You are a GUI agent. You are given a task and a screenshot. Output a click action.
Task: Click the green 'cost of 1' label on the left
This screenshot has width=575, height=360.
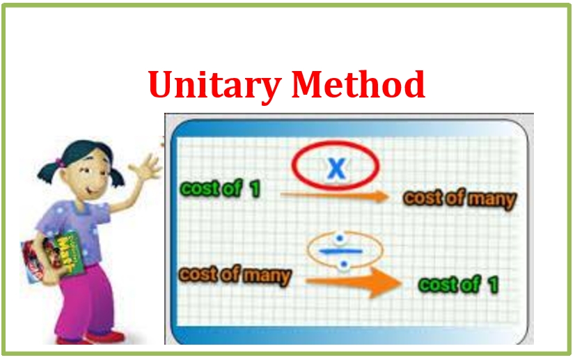220,188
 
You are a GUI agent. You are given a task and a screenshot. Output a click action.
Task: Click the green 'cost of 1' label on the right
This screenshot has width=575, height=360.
458,284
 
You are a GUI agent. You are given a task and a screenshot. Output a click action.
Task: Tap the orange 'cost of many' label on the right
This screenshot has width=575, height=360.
460,199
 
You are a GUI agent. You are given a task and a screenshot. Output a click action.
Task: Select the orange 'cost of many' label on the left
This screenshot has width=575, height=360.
235,275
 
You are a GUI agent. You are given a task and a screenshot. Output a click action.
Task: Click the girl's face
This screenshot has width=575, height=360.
90,170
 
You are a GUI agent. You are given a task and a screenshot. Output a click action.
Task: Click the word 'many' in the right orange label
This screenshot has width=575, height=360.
491,200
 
